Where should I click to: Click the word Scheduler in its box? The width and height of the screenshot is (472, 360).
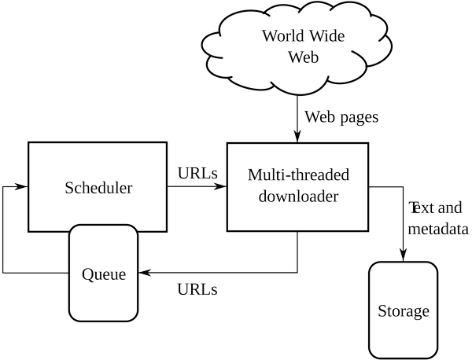tap(98, 188)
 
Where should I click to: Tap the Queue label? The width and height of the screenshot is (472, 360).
tap(104, 274)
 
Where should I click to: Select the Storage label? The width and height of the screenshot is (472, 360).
tap(404, 311)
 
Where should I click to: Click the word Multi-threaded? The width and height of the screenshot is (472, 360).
tap(298, 174)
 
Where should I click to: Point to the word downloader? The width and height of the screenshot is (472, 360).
tap(298, 197)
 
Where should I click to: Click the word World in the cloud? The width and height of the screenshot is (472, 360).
tap(283, 36)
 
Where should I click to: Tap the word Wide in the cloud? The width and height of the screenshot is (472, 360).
tap(326, 36)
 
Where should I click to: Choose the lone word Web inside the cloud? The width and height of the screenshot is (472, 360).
tap(303, 57)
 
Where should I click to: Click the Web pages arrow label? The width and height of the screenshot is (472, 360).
tap(341, 117)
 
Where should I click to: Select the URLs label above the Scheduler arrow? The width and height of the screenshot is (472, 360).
tap(197, 173)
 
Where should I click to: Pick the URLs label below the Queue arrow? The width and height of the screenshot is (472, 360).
tap(197, 289)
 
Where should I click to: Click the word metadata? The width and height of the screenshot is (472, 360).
tap(438, 230)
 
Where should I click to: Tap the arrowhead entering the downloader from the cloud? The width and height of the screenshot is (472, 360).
tap(297, 137)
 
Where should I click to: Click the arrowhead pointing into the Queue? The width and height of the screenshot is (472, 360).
tap(144, 273)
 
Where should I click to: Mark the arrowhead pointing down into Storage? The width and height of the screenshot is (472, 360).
tap(403, 255)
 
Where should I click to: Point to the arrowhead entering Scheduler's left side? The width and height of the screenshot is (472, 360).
tap(22, 186)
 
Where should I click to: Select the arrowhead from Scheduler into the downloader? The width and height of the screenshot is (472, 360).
tap(220, 186)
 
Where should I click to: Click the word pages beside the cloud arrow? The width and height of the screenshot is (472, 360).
tap(360, 118)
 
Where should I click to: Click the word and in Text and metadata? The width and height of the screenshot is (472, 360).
tap(450, 208)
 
